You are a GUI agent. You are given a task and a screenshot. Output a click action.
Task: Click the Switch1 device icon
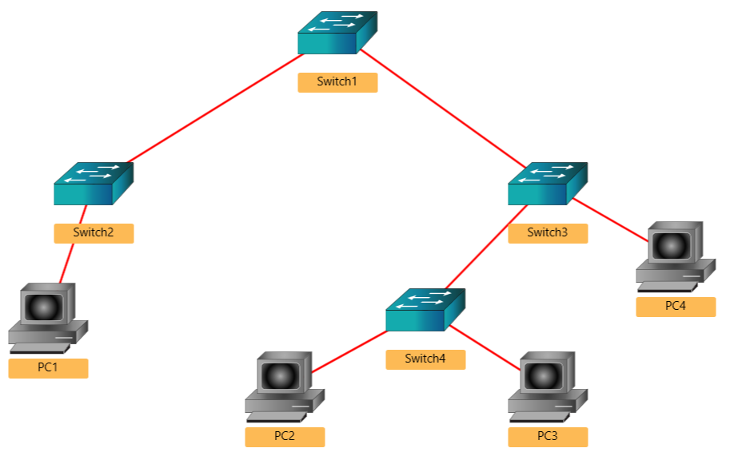[337, 34]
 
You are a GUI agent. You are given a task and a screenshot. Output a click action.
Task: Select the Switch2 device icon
[93, 184]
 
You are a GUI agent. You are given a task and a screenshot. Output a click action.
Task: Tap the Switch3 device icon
[547, 184]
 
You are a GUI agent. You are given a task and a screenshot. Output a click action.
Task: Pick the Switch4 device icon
[425, 310]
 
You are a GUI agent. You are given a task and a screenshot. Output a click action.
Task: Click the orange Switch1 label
[337, 82]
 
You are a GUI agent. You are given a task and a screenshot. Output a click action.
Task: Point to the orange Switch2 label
[94, 233]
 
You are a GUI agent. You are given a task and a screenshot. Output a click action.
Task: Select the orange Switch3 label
[548, 233]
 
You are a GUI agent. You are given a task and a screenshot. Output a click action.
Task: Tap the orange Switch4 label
[425, 359]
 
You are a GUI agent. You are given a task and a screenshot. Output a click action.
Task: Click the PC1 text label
[48, 368]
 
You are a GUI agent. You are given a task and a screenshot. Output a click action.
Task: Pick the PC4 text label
[676, 307]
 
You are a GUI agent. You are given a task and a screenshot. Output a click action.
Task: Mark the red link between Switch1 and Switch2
[216, 109]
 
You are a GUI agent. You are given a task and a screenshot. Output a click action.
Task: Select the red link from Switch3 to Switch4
[485, 247]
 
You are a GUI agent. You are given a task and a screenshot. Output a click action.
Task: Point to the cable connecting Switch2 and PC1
[70, 254]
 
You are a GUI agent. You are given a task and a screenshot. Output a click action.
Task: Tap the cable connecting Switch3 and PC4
[609, 219]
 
